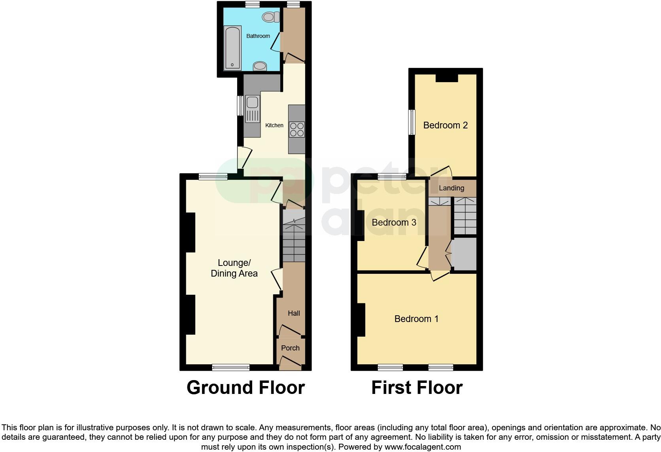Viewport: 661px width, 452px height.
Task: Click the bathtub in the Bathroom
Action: pos(232,48)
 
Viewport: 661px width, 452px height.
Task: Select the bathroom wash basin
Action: pos(260,66)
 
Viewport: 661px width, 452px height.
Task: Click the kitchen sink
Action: pos(252,103)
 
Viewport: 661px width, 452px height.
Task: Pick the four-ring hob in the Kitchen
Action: pos(297,129)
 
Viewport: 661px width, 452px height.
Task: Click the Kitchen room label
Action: pos(274,125)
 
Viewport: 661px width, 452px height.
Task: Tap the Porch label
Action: pos(290,348)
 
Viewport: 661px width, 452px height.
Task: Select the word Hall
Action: pos(294,313)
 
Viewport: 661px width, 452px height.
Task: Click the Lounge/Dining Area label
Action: pos(234,268)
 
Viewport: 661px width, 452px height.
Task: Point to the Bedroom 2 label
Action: pos(445,125)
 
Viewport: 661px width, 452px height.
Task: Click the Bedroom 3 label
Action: pos(394,222)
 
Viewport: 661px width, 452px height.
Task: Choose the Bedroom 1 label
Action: pos(416,319)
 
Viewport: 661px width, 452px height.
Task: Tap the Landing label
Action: pos(451,188)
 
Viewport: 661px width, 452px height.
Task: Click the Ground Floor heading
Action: pos(246,388)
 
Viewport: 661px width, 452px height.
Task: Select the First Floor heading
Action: pos(417,388)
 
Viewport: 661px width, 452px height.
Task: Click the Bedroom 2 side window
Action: pos(412,122)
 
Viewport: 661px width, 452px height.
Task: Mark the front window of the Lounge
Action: pos(231,367)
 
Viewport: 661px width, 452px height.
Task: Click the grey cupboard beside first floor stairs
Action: pos(464,254)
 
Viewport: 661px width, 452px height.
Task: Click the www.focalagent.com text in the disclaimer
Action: pos(423,447)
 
